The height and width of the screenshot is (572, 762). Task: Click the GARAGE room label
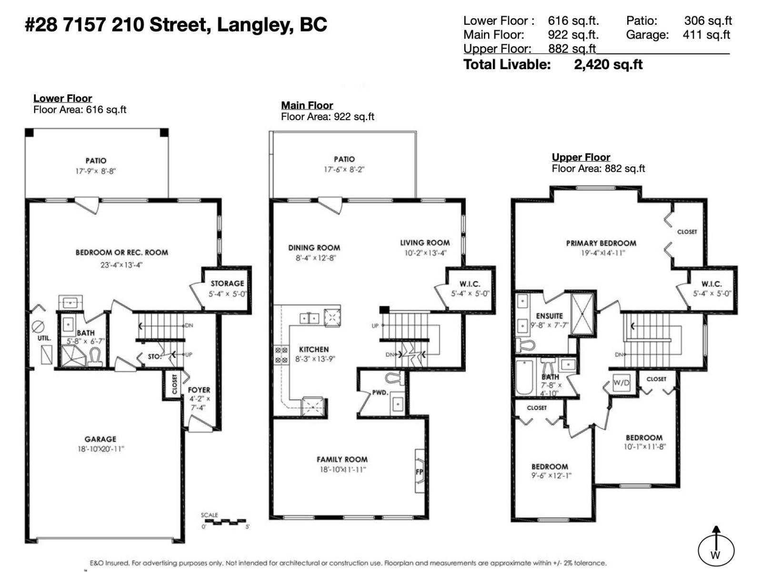point(100,439)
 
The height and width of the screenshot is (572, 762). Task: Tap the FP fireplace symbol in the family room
point(420,471)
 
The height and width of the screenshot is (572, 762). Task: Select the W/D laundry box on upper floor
point(621,382)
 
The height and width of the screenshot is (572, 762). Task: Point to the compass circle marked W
point(716,551)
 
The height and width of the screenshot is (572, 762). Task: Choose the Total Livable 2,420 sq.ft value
point(608,64)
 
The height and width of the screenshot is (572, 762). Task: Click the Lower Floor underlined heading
point(62,98)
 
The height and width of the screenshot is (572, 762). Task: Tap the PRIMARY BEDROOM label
point(601,243)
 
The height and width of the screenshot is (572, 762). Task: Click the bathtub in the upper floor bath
point(524,377)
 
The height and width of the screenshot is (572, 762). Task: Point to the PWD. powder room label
point(380,393)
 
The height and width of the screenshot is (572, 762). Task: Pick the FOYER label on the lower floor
point(199,390)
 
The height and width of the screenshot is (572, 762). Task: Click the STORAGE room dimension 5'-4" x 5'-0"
point(227,294)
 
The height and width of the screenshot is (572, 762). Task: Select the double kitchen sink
point(310,318)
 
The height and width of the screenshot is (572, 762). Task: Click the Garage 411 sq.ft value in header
point(706,35)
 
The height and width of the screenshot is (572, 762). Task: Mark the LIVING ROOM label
point(424,243)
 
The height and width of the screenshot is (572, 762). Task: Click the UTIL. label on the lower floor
point(44,338)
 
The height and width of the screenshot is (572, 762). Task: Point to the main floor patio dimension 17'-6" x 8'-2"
point(344,169)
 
